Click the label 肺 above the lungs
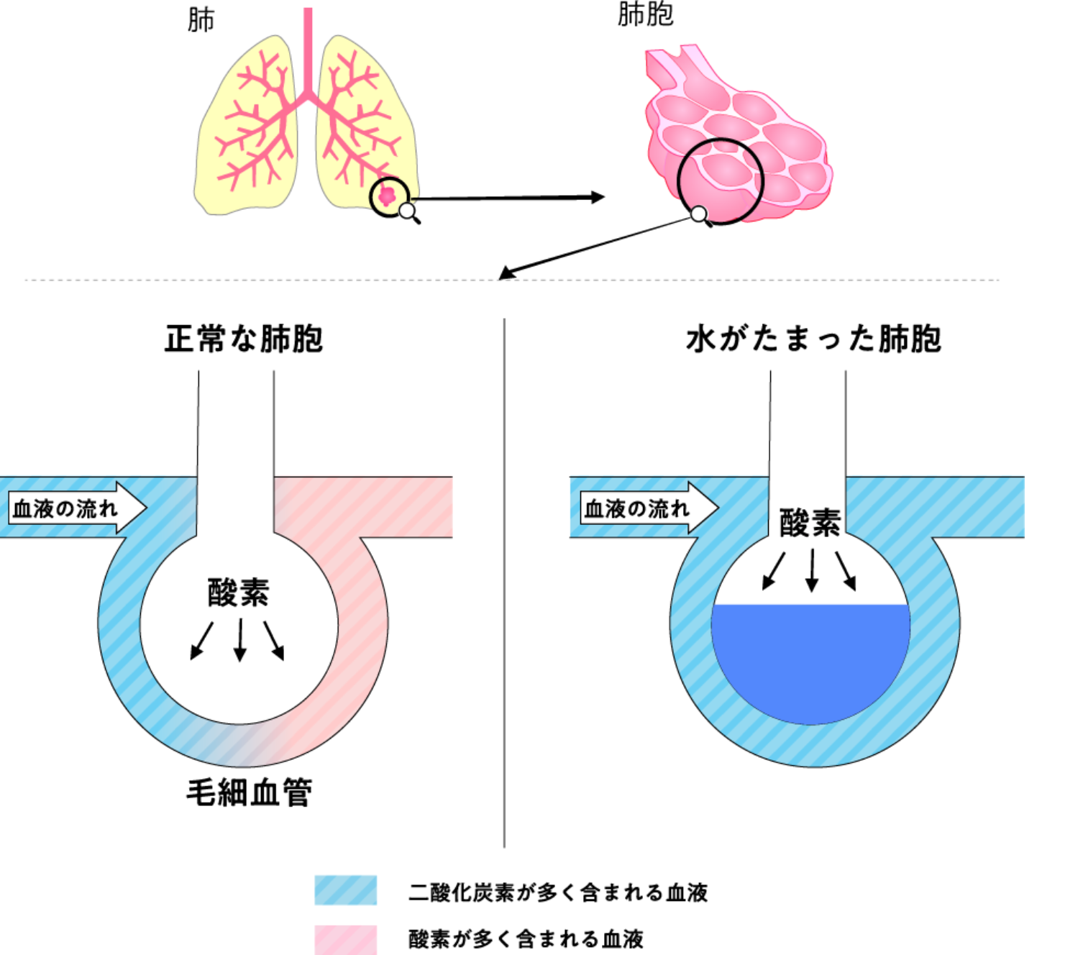coord(201,20)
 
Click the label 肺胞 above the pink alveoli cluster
coord(645,14)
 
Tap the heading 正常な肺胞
coord(244,339)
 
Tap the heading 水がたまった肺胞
coord(813,339)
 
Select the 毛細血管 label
coord(249,792)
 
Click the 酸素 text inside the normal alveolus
coord(239,593)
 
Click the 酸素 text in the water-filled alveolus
coord(810,522)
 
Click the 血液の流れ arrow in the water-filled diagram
coord(649,508)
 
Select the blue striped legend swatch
coord(345,890)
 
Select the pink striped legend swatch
coord(345,939)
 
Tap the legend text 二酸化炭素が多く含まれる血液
coord(558,892)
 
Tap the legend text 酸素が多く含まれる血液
coord(526,939)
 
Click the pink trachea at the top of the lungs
coord(308,51)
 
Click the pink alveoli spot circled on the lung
coord(387,196)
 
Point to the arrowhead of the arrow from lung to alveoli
coord(598,197)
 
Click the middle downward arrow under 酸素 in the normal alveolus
coord(240,640)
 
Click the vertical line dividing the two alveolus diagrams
coord(504,582)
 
